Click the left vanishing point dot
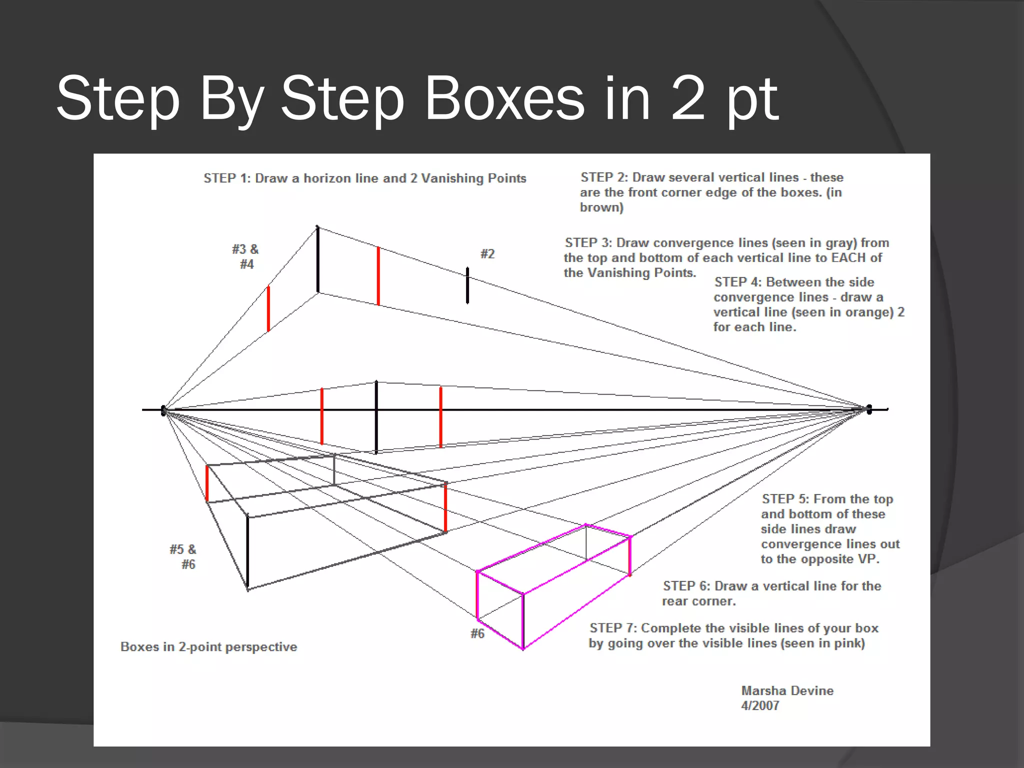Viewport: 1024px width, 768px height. (163, 410)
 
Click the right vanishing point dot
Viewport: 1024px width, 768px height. (869, 409)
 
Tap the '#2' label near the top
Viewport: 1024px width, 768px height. (487, 254)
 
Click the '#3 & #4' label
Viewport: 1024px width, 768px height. (245, 256)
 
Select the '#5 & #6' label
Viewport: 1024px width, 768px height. (183, 556)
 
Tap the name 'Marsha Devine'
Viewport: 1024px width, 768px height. (787, 690)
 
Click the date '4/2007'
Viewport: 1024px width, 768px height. (760, 705)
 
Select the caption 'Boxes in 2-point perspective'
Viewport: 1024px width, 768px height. (208, 646)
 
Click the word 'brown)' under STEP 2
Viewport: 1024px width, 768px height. (601, 207)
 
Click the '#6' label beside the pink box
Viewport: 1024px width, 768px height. (477, 633)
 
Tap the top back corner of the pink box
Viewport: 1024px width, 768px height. (586, 525)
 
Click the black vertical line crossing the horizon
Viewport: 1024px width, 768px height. (376, 417)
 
